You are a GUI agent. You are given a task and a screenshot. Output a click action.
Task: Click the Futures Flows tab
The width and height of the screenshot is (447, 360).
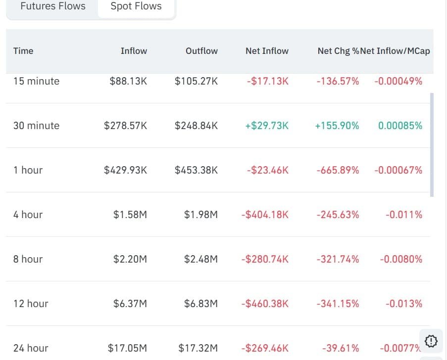[53, 6]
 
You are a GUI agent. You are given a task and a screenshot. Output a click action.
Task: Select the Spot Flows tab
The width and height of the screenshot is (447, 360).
[136, 6]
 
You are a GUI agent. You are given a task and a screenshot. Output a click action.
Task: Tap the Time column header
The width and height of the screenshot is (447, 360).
[23, 51]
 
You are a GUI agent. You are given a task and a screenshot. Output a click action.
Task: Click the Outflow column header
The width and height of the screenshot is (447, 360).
[201, 51]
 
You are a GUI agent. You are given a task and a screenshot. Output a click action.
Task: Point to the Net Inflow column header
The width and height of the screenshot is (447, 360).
[267, 51]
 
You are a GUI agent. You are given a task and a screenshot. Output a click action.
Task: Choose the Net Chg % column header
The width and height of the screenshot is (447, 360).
[339, 51]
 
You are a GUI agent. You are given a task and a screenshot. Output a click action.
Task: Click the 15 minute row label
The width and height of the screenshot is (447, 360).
[37, 81]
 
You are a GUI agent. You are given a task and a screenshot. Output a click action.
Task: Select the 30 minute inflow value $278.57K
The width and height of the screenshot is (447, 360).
[125, 126]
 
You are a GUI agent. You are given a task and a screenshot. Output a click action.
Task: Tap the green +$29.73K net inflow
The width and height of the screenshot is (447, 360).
[267, 126]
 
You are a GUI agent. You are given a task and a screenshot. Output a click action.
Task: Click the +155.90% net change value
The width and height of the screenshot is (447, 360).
[337, 126]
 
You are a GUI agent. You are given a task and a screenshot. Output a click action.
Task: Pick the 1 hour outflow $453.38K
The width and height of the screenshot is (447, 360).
[196, 170]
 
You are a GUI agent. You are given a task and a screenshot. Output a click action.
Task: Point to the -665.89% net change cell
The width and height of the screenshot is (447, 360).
[338, 170]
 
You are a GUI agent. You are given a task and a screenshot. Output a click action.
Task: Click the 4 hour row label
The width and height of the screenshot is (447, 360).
[28, 215]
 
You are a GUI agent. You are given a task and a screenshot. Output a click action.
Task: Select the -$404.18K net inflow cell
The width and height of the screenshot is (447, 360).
[265, 215]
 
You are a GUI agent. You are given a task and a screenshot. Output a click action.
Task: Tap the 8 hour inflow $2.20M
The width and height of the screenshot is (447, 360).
[130, 259]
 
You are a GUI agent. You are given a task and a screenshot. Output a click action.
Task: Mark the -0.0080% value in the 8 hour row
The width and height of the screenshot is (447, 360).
[401, 259]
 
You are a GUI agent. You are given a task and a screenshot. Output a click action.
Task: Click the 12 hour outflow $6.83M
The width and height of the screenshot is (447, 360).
[200, 303]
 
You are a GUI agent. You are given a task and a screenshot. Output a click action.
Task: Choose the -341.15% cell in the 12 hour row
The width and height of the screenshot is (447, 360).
[338, 303]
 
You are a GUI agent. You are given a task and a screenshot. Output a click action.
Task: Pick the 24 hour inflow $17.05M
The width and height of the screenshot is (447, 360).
[127, 348]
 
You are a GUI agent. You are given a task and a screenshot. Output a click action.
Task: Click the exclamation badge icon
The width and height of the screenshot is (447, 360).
[431, 341]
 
